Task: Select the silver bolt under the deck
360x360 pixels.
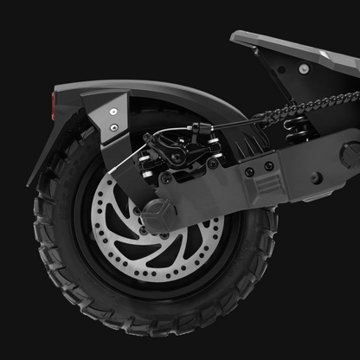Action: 303,68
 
